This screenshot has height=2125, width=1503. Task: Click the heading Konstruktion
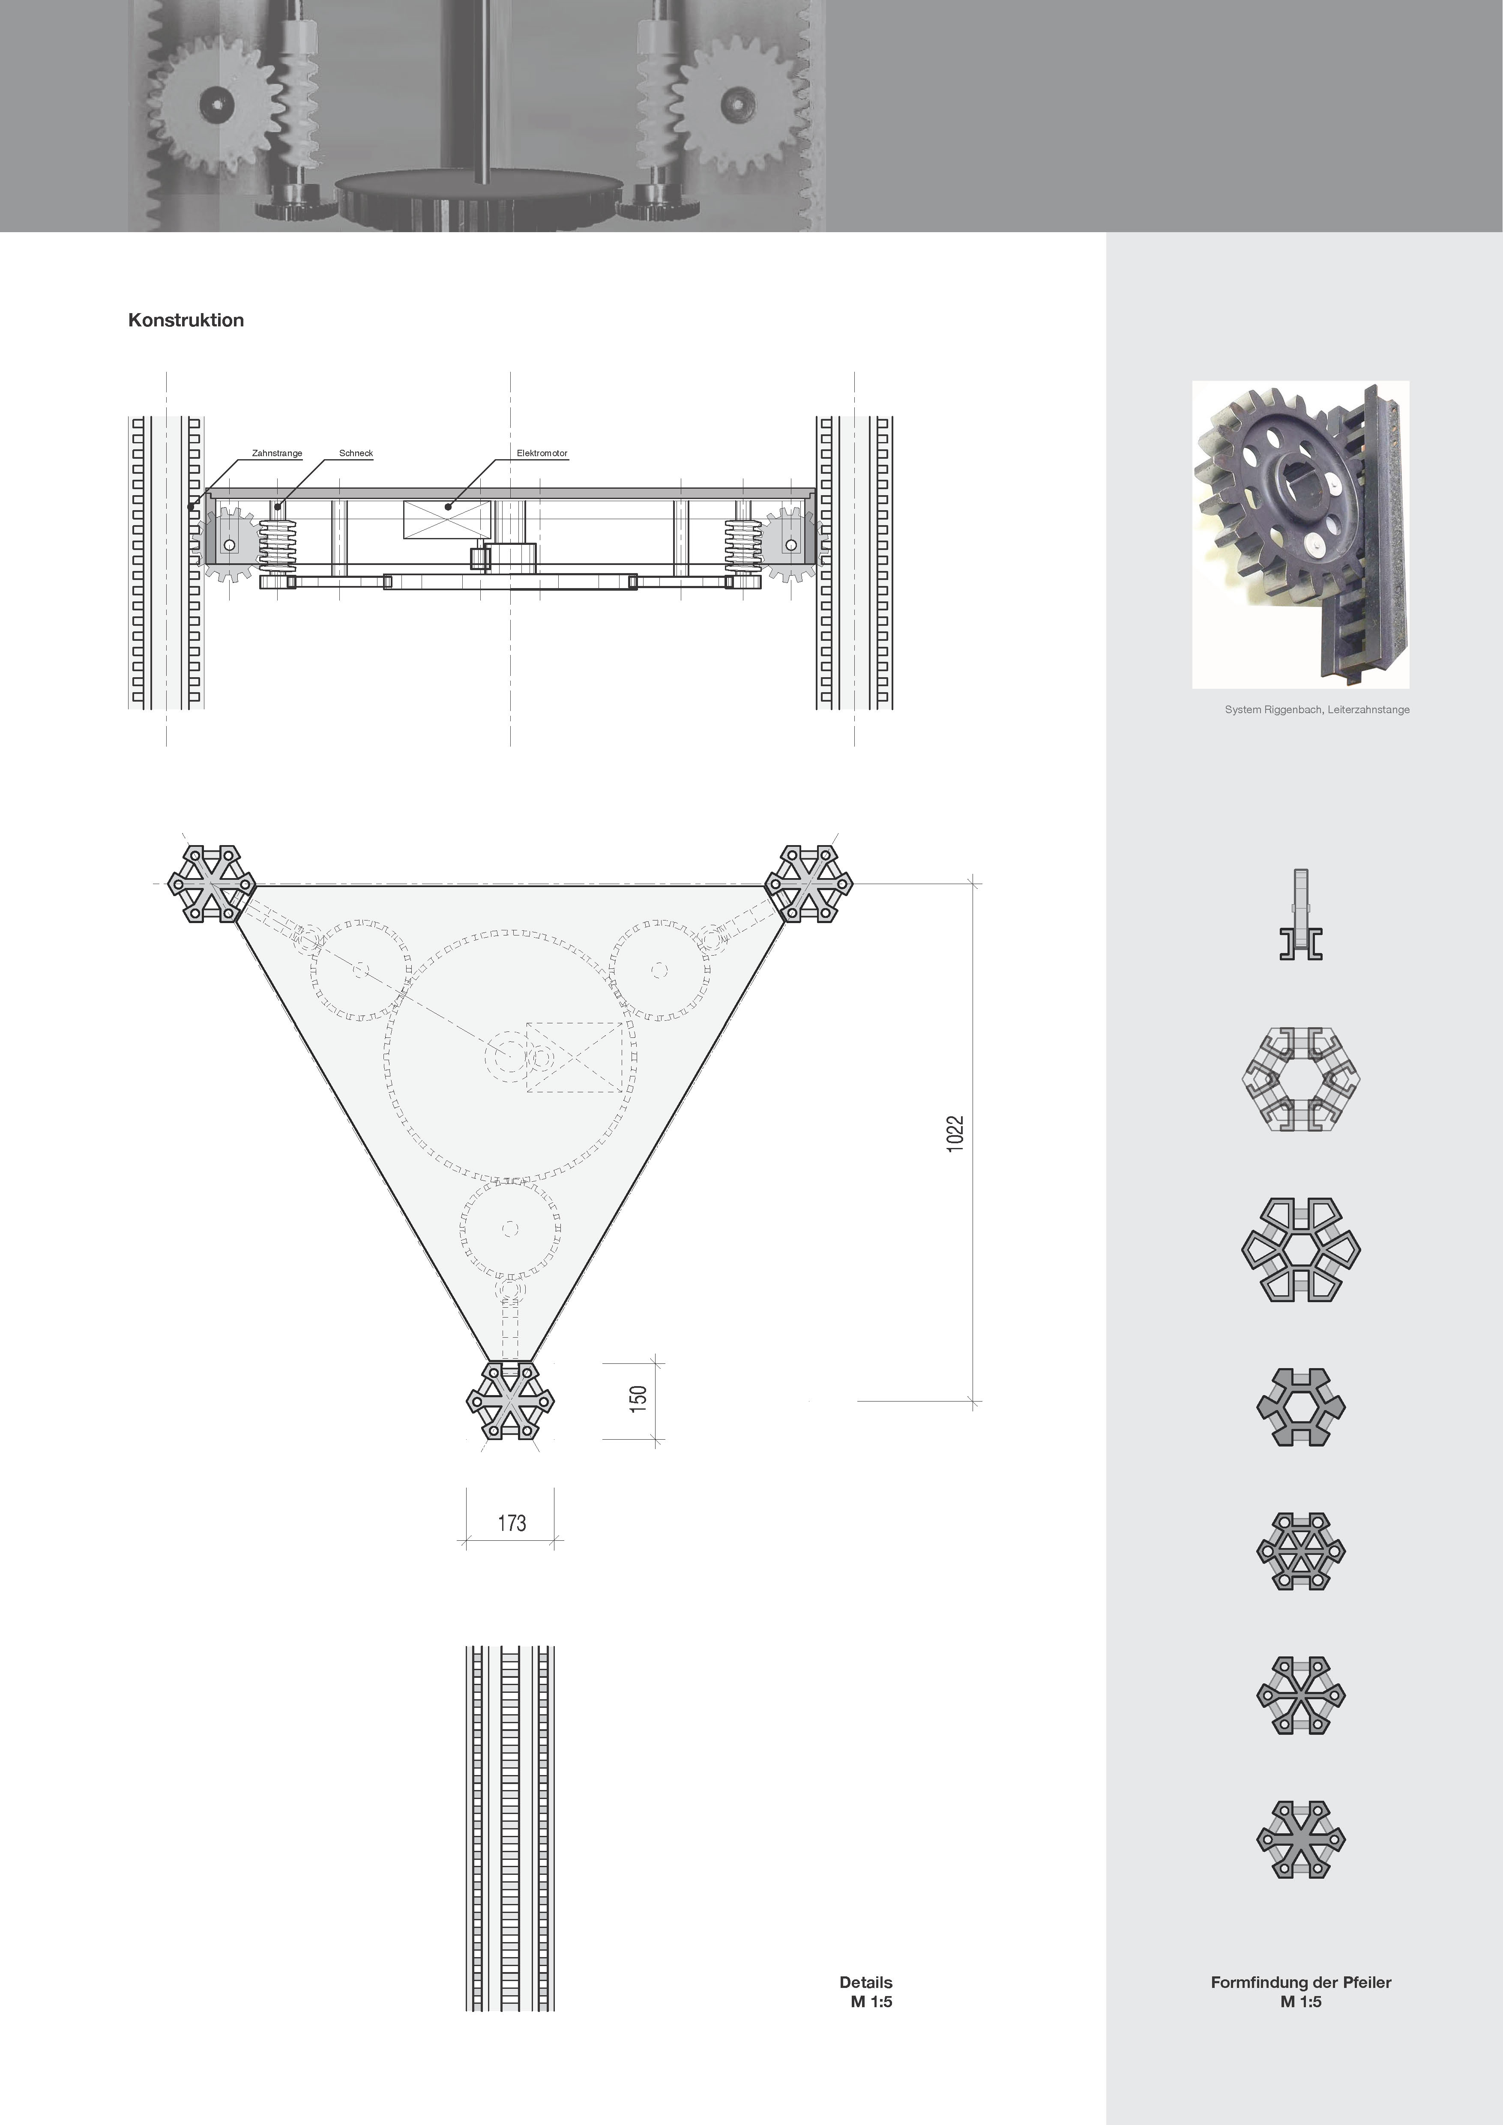(x=186, y=320)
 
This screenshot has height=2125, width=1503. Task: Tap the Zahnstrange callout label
(x=277, y=454)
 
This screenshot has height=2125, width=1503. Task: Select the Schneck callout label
(x=356, y=454)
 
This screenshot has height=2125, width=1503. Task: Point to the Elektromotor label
(x=542, y=454)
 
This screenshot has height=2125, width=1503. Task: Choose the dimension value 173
(x=512, y=1522)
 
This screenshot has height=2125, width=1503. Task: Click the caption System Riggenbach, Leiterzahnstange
(x=1317, y=710)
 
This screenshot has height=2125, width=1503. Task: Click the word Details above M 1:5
(x=866, y=1982)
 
